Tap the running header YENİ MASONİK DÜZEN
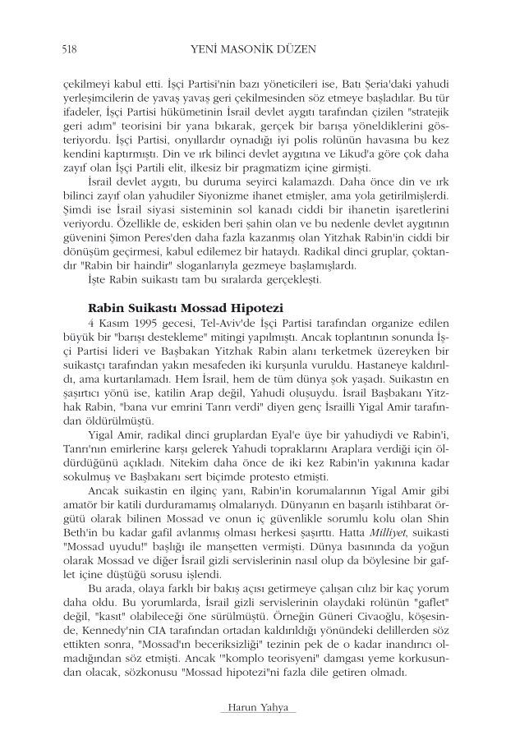click(252, 51)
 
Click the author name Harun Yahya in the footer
click(253, 708)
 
